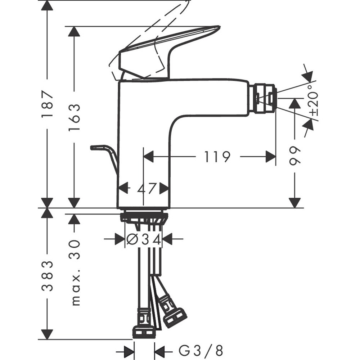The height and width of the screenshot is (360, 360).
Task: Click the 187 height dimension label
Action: tap(47, 104)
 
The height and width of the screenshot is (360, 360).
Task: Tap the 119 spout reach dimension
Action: tap(217, 157)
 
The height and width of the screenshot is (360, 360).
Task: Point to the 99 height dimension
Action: tap(295, 156)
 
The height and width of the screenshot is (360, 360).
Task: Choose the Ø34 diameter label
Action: tap(143, 239)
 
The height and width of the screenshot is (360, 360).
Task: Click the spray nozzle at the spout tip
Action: tap(265, 98)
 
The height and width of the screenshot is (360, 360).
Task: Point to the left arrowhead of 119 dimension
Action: tap(149, 157)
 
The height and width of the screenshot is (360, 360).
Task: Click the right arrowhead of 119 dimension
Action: tap(271, 157)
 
